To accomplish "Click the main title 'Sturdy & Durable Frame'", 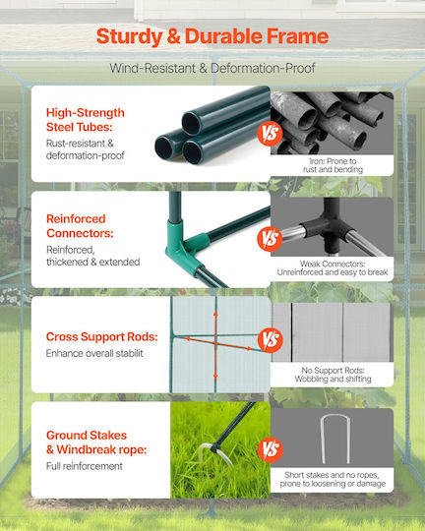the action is (212, 36).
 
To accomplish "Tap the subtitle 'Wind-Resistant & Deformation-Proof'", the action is (212, 68).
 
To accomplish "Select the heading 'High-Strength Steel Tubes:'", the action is (86, 120).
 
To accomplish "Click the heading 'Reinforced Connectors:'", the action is (80, 226).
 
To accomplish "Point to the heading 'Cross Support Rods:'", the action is (102, 336).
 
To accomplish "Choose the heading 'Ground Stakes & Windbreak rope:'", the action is (96, 442).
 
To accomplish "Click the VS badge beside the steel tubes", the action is (270, 134).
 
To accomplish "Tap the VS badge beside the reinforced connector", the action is (270, 239).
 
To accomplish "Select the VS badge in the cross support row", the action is (271, 339).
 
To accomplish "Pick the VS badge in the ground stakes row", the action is (271, 449).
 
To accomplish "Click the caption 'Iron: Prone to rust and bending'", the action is (333, 165).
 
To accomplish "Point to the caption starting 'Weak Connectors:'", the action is (333, 267).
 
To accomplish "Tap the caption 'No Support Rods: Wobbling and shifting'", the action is (333, 375).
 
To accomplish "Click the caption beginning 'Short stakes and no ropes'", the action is (333, 479).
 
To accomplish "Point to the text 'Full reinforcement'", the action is (85, 466).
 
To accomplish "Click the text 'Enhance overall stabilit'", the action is (94, 353).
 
